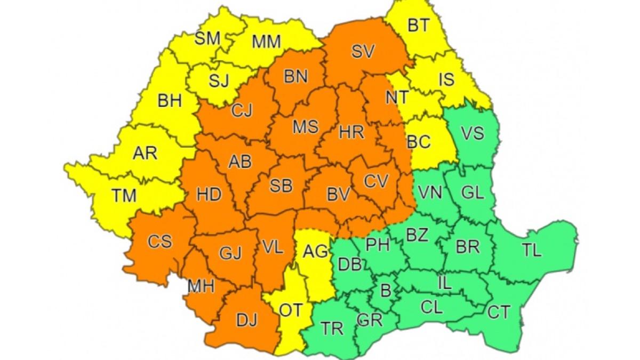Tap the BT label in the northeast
point(418,26)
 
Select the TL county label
point(531,250)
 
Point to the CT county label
point(499,313)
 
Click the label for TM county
point(124,196)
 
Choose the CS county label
point(160,242)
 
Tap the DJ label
point(246,320)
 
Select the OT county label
point(291,311)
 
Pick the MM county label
point(266,42)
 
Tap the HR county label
point(351,133)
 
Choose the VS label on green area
point(472,132)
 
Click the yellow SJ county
point(218,81)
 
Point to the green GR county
point(370,319)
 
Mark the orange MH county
point(201,286)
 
